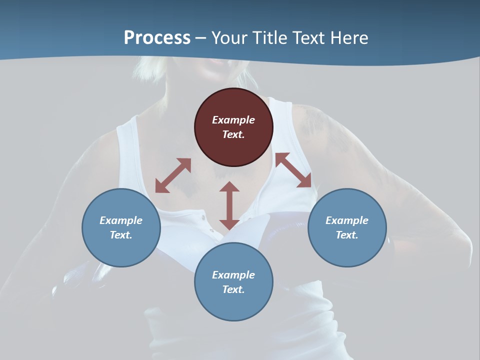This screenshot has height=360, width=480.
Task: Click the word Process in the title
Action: point(157,38)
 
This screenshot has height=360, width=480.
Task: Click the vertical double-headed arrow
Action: point(229,205)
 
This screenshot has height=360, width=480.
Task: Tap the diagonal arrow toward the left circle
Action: point(173,175)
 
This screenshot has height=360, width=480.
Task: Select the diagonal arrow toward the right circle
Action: point(293,170)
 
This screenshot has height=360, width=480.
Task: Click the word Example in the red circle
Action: point(233,120)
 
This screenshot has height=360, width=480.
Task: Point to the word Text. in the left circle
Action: point(121,235)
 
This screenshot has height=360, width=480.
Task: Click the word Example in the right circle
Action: point(347,220)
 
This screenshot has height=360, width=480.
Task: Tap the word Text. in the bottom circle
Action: point(233,289)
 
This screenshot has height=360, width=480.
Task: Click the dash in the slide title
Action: point(201,38)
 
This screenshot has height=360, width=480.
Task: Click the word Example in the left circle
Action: point(121,220)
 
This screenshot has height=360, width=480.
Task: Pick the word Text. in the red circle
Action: point(233,134)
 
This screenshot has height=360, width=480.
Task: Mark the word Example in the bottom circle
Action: point(233,275)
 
